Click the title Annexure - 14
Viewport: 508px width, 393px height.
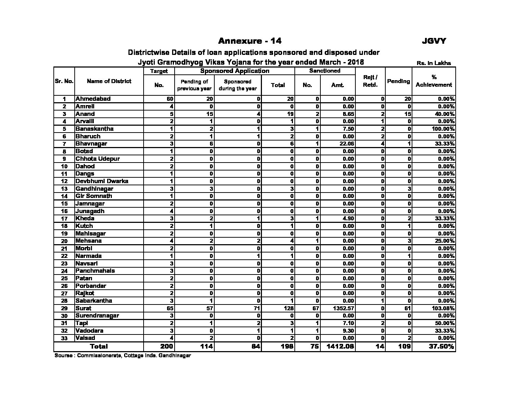click(x=250, y=41)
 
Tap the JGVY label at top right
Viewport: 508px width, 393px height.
click(x=434, y=41)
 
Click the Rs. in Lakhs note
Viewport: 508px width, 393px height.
click(x=434, y=63)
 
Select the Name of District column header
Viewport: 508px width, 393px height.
click(x=109, y=81)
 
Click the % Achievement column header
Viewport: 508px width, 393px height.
click(x=434, y=81)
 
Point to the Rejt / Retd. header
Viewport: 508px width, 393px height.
click(x=370, y=81)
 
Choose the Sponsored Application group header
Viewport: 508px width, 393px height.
click(x=235, y=71)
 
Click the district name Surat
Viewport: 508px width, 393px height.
click(x=83, y=308)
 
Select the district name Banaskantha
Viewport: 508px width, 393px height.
click(x=94, y=129)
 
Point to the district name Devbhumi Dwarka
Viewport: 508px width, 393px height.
click(x=102, y=181)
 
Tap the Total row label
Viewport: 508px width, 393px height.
click(x=99, y=346)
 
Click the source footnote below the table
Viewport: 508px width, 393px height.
click(x=123, y=355)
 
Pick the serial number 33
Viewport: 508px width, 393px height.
click(x=64, y=338)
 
